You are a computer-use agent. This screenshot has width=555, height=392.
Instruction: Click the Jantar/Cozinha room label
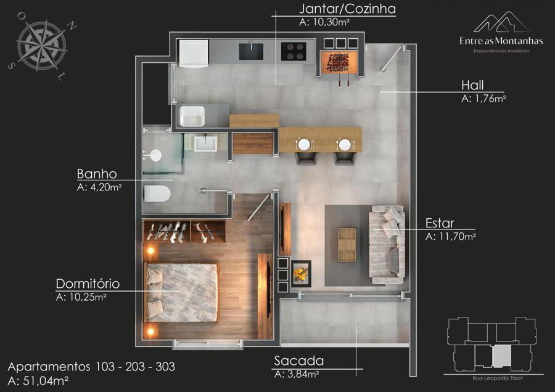click(x=347, y=9)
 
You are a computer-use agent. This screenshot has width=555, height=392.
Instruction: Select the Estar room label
click(x=440, y=223)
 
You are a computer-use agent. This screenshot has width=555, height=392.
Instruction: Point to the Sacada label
click(x=298, y=361)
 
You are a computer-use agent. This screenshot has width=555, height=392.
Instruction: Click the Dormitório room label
click(x=88, y=284)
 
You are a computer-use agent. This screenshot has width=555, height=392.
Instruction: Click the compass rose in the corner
click(x=42, y=46)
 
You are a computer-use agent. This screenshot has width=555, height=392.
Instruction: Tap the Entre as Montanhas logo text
click(x=501, y=41)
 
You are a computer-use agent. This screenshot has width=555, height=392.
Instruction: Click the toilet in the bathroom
click(x=157, y=194)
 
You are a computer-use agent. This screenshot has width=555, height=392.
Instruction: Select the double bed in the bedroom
click(x=181, y=292)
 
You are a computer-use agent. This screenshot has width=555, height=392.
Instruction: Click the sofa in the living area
click(x=387, y=245)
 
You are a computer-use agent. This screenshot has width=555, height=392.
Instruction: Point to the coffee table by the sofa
click(x=347, y=245)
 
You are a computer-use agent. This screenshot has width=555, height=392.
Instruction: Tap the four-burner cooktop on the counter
click(x=294, y=51)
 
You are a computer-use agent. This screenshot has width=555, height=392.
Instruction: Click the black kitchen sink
click(x=251, y=51)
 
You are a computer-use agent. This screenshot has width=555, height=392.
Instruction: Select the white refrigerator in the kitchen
click(x=193, y=54)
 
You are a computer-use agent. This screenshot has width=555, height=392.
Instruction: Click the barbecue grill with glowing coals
click(x=339, y=63)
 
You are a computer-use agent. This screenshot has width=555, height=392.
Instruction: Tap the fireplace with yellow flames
click(x=300, y=273)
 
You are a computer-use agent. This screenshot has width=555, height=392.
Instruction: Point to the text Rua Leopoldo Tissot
click(x=497, y=378)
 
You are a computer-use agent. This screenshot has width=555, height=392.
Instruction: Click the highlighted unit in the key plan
click(x=501, y=356)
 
